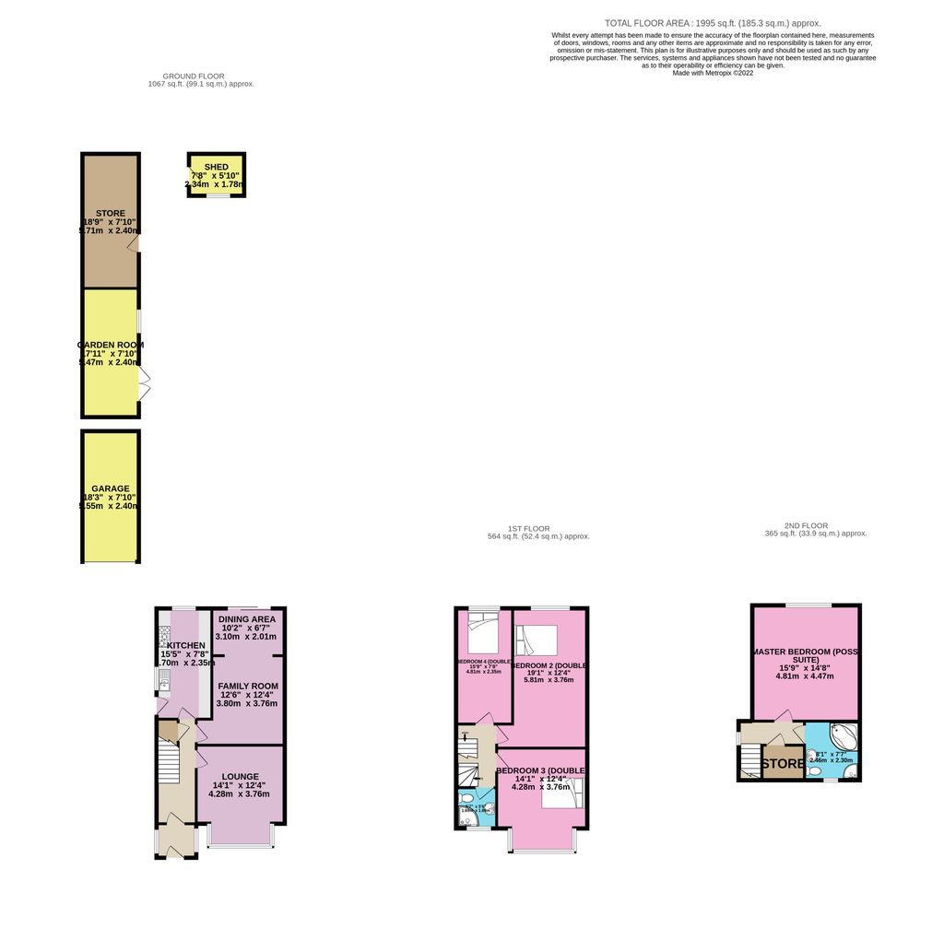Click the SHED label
coord(217,167)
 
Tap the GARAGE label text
coord(111,488)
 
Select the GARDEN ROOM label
coord(111,345)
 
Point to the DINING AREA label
coord(247,618)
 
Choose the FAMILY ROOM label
coord(247,686)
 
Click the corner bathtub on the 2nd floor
coord(844,738)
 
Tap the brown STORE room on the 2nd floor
coord(782,763)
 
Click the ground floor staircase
coord(167,763)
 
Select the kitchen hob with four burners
coord(164,637)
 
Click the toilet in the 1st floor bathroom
coord(467,798)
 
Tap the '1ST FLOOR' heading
coord(537,528)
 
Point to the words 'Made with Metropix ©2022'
coord(713,73)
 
